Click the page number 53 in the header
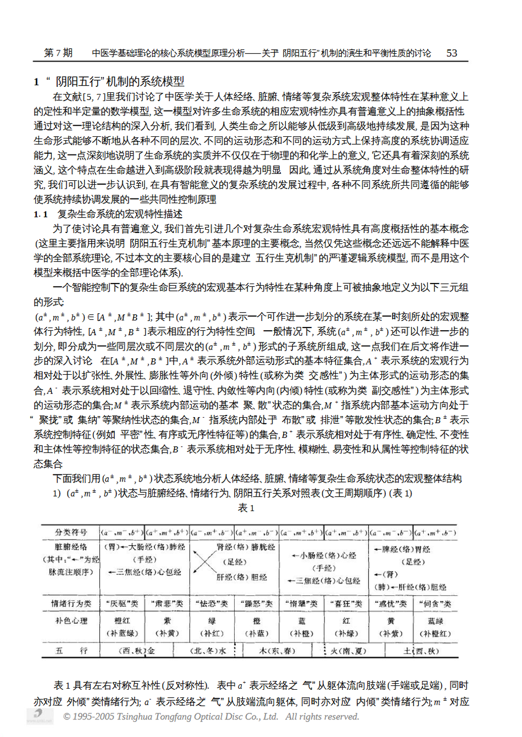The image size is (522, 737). (452, 53)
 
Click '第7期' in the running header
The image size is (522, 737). (58, 53)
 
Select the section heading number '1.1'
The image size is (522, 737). (41, 214)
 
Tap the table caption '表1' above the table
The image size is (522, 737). (246, 508)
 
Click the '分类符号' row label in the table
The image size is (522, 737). (71, 532)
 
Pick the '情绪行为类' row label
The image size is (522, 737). (71, 603)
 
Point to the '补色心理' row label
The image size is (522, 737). (71, 621)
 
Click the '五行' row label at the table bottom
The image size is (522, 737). (71, 651)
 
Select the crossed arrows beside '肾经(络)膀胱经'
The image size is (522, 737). (204, 562)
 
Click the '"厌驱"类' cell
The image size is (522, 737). (122, 603)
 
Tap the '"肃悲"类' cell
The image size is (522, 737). (167, 603)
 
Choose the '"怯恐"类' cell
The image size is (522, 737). (212, 603)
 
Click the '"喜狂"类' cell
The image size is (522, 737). (346, 603)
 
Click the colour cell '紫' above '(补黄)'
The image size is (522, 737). (167, 621)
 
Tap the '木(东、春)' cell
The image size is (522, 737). (277, 651)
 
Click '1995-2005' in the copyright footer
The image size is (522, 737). (94, 717)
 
